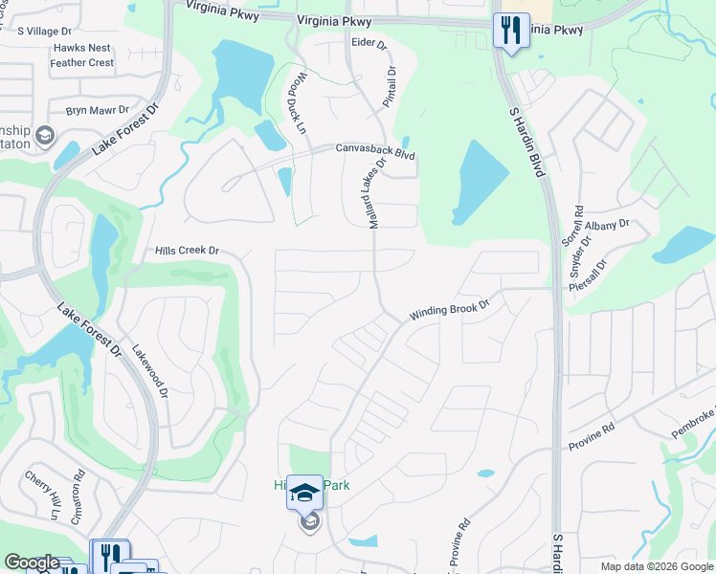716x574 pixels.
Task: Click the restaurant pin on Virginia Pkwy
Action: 510,30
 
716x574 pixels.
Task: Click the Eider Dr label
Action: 369,44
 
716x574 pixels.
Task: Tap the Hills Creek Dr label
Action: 188,251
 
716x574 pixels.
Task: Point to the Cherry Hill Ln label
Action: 42,494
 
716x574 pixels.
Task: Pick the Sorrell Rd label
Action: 578,224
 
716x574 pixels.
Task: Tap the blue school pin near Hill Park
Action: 304,494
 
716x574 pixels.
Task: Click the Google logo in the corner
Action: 33,563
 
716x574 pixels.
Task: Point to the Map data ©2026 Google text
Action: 656,566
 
